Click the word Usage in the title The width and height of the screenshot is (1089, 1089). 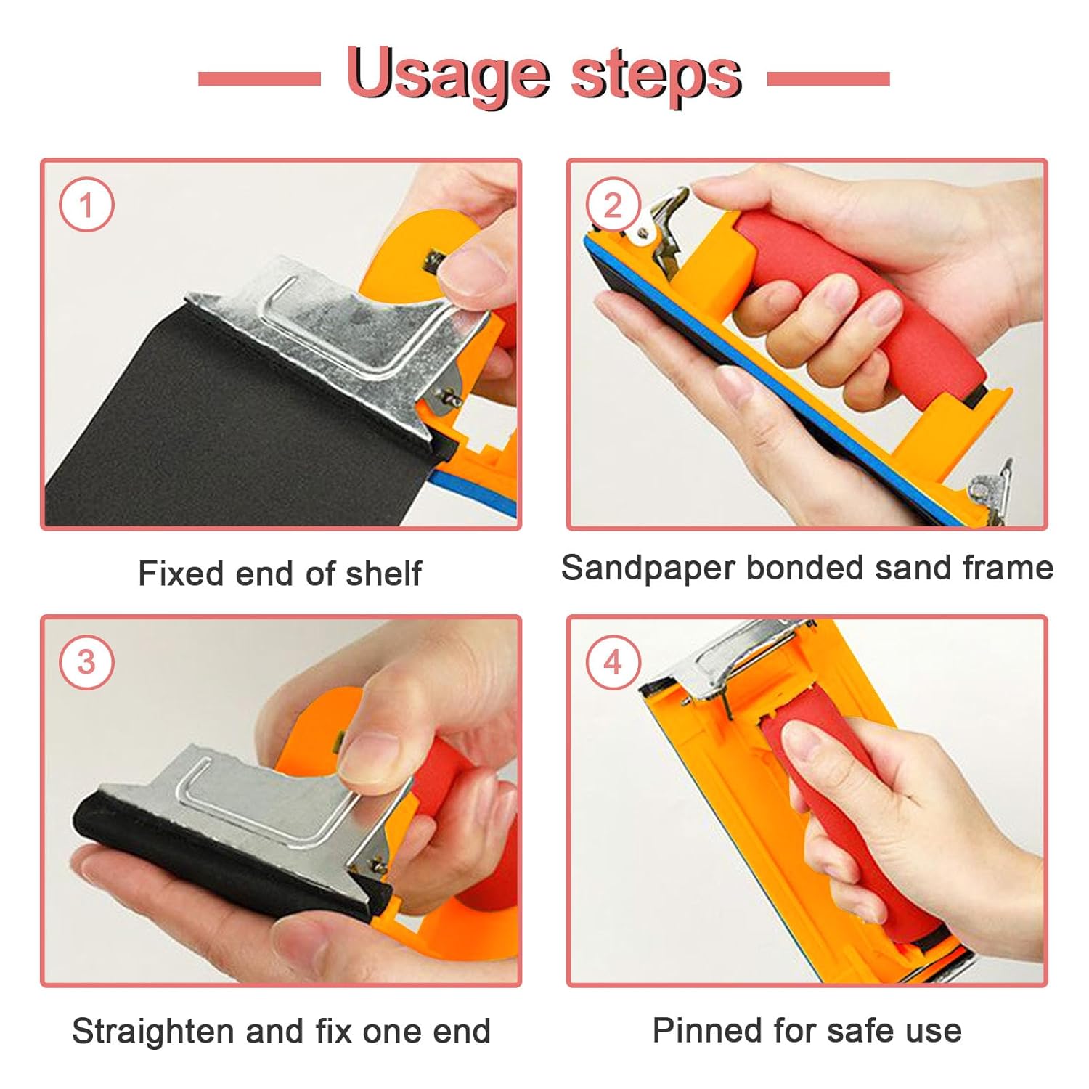[x=449, y=76]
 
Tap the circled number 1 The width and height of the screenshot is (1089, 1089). [x=86, y=205]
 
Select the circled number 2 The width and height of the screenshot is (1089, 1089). [x=613, y=205]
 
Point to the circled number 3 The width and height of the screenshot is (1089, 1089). [x=86, y=662]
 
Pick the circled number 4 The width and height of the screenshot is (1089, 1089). [x=613, y=662]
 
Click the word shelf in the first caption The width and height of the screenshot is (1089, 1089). [x=383, y=573]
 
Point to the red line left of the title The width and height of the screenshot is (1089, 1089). [x=259, y=78]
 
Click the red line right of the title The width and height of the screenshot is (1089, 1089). [x=828, y=78]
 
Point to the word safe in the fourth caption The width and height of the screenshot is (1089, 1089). [x=852, y=1030]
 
